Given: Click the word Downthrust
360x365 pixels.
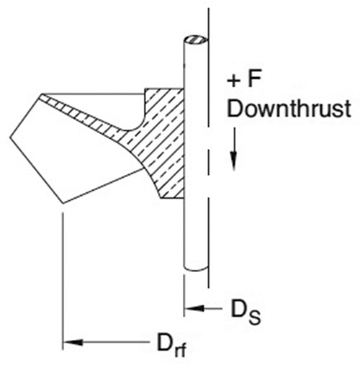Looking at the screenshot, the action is (289, 109).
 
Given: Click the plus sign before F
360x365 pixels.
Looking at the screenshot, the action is (234, 81).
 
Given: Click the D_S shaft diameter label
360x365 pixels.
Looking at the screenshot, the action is (246, 311).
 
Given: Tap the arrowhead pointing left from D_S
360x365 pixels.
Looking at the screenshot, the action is (194, 308).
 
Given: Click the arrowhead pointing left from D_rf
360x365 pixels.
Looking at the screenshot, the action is (73, 342).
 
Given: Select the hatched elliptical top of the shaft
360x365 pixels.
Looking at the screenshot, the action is (196, 40).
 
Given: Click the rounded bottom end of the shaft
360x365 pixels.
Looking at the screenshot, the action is (196, 269).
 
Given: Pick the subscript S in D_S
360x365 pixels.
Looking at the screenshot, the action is (254, 317).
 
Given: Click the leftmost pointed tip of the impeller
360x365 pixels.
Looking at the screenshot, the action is (10, 138).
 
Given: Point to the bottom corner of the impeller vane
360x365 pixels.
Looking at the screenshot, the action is (63, 204).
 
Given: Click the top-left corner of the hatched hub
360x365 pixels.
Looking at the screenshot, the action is (145, 89).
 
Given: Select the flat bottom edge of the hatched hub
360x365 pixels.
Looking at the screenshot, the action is (172, 198).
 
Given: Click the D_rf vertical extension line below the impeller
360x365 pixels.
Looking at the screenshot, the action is (63, 281).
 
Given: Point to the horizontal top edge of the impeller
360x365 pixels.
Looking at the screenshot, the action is (93, 94).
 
